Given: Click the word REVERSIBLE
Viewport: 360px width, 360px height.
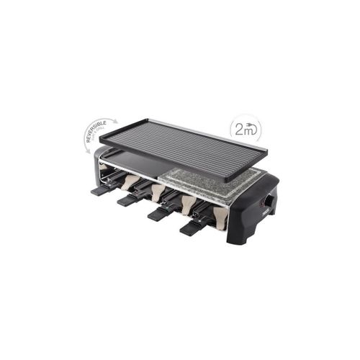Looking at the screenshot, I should pos(99,130).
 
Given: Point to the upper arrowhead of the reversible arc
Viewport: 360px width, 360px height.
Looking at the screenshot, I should pos(115,120).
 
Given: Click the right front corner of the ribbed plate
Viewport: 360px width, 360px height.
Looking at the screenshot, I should pos(229,178).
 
